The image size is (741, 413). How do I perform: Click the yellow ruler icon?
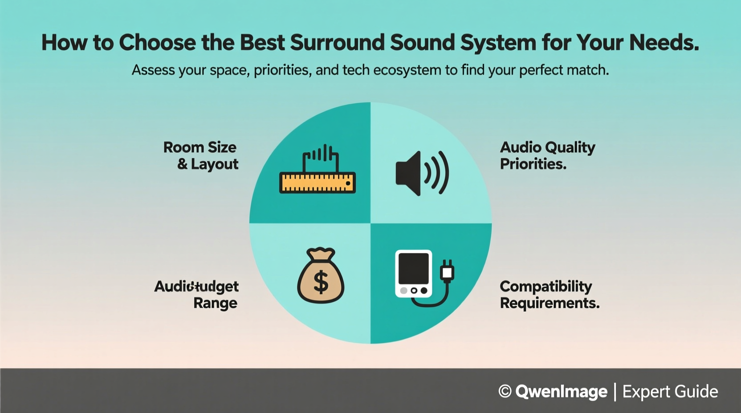click(x=317, y=183)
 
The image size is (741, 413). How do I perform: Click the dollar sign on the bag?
click(x=321, y=282)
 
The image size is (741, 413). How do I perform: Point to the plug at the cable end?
click(x=447, y=271)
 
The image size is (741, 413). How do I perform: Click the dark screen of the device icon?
click(x=413, y=268)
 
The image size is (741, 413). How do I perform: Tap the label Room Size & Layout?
click(x=201, y=156)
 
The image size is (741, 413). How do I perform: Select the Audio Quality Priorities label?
click(x=547, y=156)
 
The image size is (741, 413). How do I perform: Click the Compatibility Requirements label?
click(x=550, y=295)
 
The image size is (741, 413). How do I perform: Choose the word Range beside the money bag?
click(x=215, y=304)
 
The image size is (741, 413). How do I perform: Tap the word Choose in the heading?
click(x=157, y=43)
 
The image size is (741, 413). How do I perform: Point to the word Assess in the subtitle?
click(x=153, y=70)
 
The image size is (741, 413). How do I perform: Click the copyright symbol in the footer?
click(x=505, y=391)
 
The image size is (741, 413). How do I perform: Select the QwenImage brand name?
click(x=561, y=392)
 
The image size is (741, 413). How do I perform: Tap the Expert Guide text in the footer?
click(x=670, y=392)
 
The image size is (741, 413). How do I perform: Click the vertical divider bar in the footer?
click(x=615, y=392)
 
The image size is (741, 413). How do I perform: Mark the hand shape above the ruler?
click(x=321, y=157)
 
